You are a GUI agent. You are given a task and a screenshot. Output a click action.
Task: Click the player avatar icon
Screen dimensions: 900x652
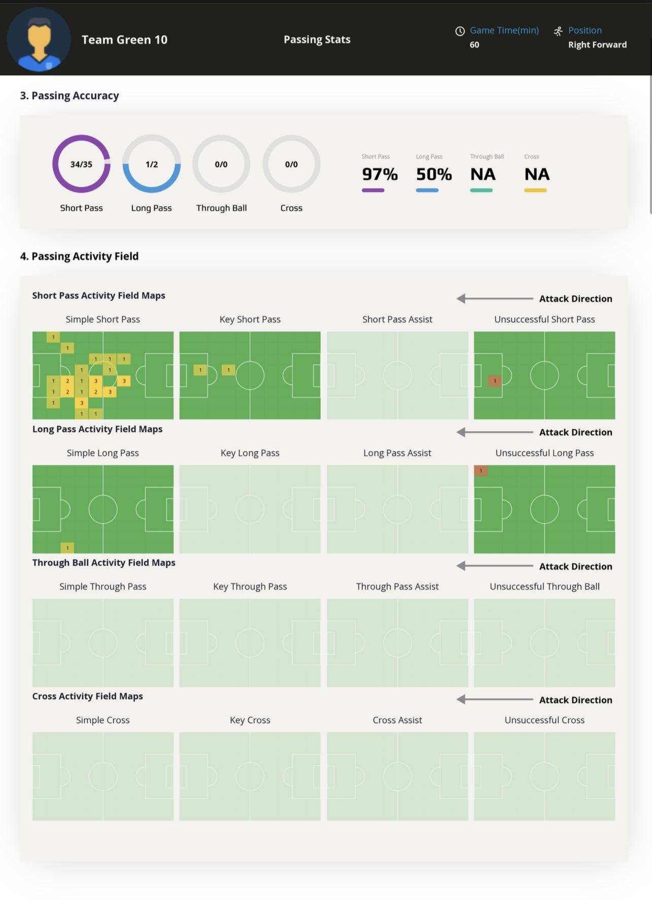(39, 40)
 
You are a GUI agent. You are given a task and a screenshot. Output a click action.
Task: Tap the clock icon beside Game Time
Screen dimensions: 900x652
(460, 31)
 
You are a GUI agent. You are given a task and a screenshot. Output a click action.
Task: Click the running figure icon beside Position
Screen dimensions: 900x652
(558, 31)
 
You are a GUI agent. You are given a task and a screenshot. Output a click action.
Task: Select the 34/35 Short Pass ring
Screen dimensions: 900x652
(81, 164)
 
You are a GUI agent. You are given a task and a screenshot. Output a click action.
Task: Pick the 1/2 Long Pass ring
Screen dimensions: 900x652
(151, 164)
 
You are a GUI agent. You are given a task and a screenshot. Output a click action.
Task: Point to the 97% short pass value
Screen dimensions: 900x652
(380, 174)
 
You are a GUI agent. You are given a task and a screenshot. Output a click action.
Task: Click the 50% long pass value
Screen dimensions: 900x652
(434, 174)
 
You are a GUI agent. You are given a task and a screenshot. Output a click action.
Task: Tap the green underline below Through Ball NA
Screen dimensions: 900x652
(481, 190)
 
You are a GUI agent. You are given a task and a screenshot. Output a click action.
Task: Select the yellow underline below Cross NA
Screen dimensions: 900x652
(535, 190)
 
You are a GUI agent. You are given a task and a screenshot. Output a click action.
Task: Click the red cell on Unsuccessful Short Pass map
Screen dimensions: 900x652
(495, 380)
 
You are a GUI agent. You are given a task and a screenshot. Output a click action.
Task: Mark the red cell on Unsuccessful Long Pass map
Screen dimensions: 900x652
(481, 471)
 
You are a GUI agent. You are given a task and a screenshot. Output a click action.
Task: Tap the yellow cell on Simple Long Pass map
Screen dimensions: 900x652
(67, 548)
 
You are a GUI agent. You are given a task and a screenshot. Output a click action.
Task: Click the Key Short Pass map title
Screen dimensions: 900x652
(250, 319)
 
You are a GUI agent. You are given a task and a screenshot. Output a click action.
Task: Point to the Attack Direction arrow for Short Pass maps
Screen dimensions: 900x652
(494, 299)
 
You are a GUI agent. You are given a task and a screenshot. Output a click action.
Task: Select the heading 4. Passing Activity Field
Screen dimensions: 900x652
(79, 256)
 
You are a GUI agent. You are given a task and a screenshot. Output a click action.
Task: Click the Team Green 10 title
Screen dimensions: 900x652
(124, 40)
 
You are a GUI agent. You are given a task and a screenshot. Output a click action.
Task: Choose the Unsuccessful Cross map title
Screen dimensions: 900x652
(544, 720)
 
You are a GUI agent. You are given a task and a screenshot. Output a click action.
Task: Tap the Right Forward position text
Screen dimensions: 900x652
(597, 45)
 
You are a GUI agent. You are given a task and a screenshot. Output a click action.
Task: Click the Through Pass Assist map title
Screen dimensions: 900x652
(397, 586)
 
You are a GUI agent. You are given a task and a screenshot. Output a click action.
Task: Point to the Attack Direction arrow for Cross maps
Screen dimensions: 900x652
(494, 699)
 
